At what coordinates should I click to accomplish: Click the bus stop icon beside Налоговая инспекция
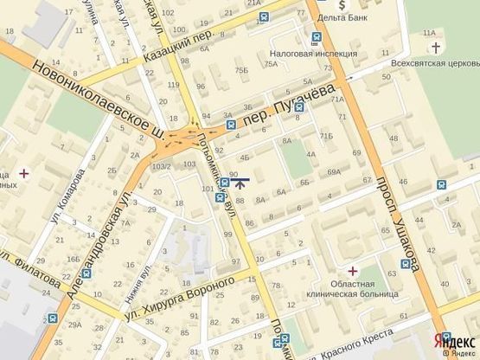point(317,37)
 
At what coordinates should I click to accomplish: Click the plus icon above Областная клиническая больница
point(351,271)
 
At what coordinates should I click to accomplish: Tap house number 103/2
point(161,166)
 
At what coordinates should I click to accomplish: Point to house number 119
point(175,85)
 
